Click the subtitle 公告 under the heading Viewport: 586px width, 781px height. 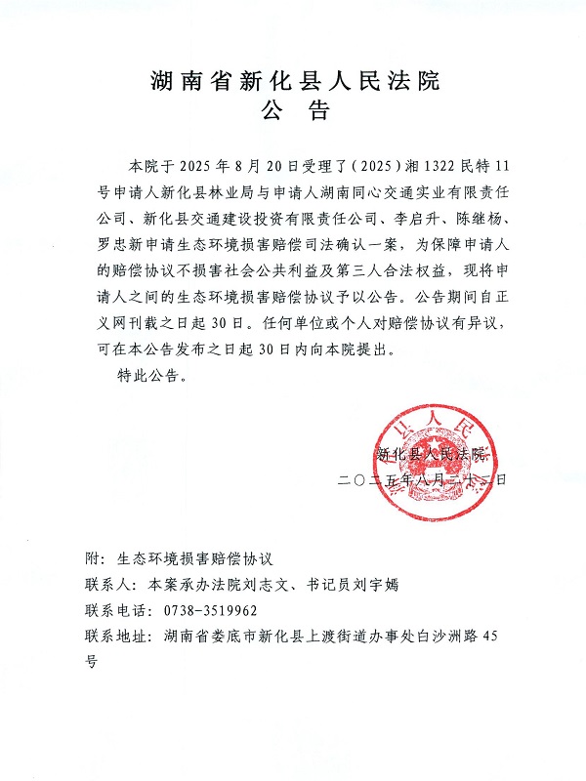pos(292,113)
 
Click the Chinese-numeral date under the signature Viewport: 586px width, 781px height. pos(422,480)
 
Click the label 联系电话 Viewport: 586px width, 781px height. pos(109,611)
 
